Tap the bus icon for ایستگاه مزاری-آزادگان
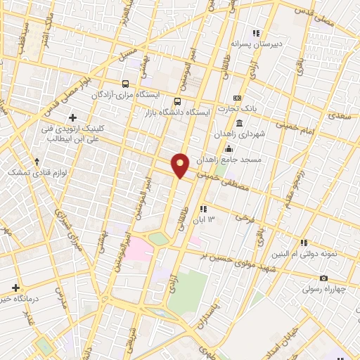(126, 82)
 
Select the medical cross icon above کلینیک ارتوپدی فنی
(73, 117)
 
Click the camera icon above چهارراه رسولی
(323, 278)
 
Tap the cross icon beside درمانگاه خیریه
(16, 287)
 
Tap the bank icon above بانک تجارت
(237, 98)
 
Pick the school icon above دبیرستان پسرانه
(257, 32)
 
